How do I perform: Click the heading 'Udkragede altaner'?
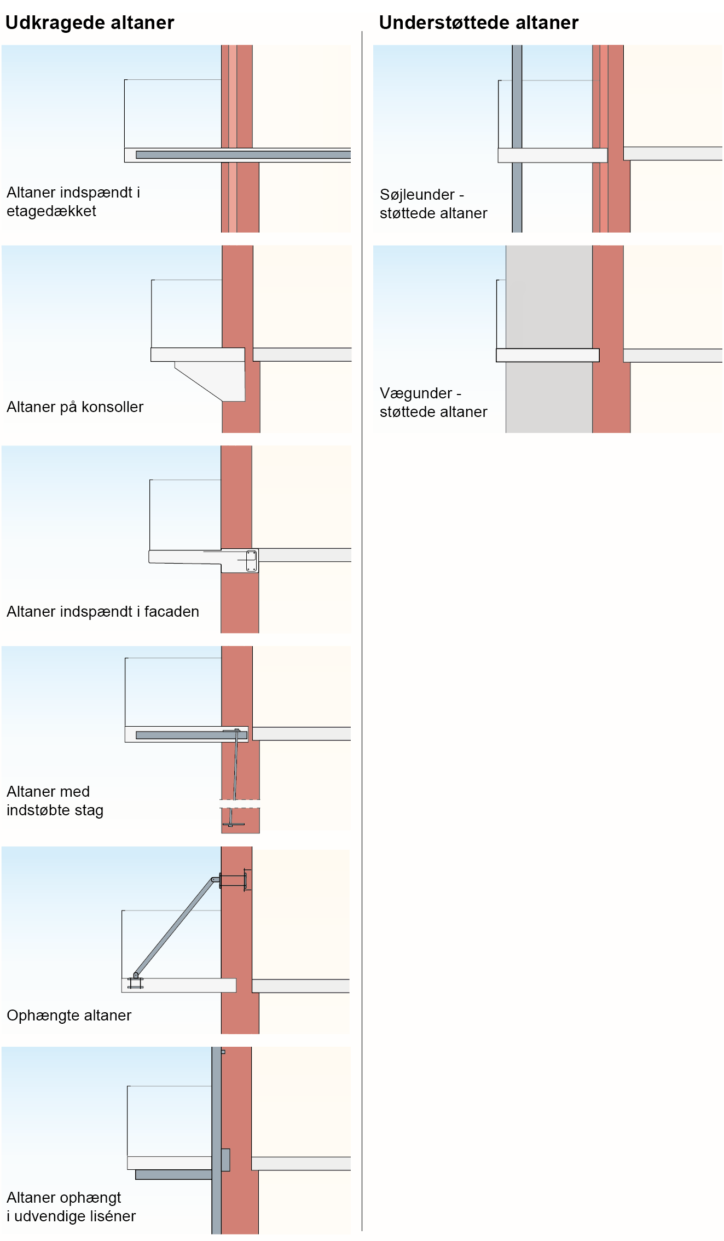[90, 22]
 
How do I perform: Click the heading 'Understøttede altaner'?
[478, 22]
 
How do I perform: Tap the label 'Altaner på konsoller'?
[75, 407]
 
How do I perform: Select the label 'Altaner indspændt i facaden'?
[103, 611]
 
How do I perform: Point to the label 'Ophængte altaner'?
[69, 1015]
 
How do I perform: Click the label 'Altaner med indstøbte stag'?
[55, 801]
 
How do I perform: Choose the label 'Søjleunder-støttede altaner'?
[433, 204]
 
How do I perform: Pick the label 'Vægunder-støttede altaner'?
[433, 402]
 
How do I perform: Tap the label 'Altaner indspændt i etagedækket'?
[73, 201]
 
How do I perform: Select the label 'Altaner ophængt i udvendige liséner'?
[71, 1207]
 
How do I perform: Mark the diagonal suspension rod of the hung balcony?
[174, 927]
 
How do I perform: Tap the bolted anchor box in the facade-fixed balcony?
[251, 561]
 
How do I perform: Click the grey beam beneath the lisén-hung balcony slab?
[173, 1174]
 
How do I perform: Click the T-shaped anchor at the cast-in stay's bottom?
[233, 824]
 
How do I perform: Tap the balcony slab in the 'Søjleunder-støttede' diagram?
[552, 155]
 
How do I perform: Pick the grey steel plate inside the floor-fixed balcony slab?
[243, 155]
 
